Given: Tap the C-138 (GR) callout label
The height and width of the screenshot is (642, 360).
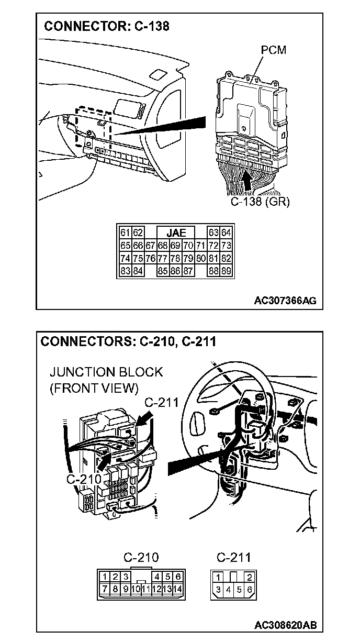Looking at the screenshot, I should pos(261,202).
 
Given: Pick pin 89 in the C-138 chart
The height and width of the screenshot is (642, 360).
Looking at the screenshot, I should pos(226,271).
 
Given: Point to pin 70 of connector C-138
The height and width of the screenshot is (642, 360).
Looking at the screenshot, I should pos(187,246).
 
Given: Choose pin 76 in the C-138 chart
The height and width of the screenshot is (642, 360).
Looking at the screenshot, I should pos(150,258).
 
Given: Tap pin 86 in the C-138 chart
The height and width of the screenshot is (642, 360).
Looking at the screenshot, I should pos(175,271).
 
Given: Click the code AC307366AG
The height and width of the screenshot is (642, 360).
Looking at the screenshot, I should pos(285,301).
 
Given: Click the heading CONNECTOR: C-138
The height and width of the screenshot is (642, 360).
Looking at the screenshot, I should pos(107,26).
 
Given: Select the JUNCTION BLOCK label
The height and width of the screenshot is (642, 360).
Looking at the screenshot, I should pos(106,372).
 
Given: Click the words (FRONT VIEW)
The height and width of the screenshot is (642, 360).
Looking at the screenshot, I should pos(94,388).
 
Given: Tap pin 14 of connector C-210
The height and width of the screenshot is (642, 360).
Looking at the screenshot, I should pos(178,589).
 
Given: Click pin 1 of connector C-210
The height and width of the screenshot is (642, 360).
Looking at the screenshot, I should pos(105,577).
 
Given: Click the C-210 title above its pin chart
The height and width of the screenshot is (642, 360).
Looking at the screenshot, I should pos(141,557).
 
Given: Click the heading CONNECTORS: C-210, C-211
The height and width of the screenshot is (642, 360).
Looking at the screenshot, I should pos(129,341).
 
